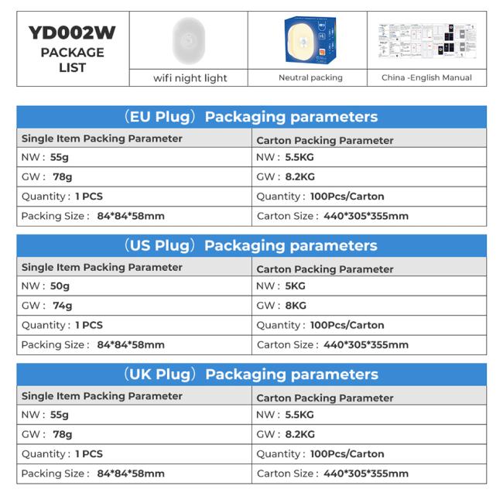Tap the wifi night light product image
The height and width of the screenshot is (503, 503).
189,40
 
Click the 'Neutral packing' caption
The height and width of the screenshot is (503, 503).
310,77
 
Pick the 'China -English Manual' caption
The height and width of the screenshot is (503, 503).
426,77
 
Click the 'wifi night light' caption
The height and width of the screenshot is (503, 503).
190,78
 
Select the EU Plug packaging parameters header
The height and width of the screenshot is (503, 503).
251,117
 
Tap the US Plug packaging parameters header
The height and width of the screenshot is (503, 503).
251,245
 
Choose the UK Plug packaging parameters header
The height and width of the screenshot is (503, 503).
251,375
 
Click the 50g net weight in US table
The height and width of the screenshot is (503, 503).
60,286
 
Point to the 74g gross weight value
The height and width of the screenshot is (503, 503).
62,306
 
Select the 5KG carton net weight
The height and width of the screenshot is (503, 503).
295,286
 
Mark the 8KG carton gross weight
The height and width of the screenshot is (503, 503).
296,306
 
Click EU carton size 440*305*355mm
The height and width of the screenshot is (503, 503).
365,216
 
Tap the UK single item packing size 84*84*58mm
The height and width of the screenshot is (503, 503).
131,474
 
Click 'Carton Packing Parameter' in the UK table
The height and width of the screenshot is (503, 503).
325,398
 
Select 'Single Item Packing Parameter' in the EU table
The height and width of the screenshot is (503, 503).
102,139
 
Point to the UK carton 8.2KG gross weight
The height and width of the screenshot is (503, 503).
299,435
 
